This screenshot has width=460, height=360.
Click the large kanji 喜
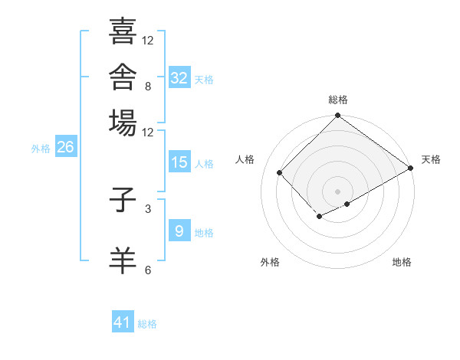pos(123,31)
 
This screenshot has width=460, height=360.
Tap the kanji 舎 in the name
pos(123,77)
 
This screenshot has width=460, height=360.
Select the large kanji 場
pos(123,123)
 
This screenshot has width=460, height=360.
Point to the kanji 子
pos(123,200)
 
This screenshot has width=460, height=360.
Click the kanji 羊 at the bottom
pos(123,260)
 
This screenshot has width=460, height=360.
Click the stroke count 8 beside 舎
pos(148,87)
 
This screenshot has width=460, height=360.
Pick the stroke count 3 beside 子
pos(148,209)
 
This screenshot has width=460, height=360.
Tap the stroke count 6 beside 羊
pos(148,270)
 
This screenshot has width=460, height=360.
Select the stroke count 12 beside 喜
pos(147,40)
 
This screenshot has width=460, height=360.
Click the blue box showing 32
pos(179,77)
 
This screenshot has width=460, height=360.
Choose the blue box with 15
pos(179,162)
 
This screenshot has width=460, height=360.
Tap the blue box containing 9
pos(179,230)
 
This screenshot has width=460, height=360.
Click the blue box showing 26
pos(66,146)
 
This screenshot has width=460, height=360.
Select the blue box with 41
pos(123,321)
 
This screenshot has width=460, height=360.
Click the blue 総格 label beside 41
pos(147,324)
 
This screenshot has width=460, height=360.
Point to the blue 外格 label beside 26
pos(41,149)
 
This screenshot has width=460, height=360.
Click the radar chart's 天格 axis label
pos(431,159)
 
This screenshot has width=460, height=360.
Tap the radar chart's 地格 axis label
pos(402,262)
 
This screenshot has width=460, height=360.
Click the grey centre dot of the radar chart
pos(337,191)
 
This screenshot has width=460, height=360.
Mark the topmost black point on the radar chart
pos(337,115)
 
